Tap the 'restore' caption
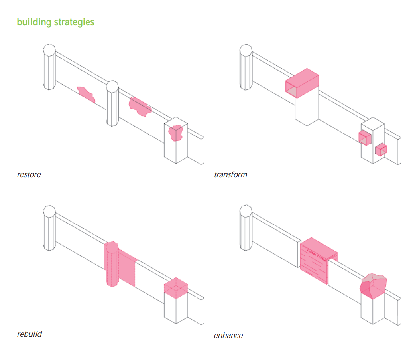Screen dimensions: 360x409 click(29, 174)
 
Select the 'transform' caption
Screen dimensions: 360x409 click(230, 174)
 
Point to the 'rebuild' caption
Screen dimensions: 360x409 click(29, 334)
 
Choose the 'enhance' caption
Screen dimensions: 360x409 click(228, 335)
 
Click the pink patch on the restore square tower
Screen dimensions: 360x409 click(175, 133)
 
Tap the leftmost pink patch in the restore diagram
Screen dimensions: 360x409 click(86, 94)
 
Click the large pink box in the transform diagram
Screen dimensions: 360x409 click(302, 82)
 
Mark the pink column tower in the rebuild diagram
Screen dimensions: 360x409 click(111, 264)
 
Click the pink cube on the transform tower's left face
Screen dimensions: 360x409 click(364, 138)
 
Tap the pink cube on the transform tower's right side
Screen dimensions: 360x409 click(381, 150)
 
